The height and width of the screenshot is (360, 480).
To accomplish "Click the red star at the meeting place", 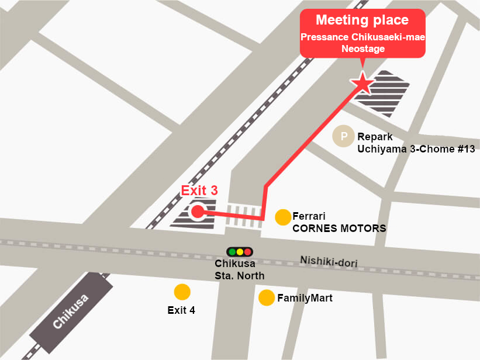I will (x=362, y=84).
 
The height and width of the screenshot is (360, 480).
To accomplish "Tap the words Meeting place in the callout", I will (x=362, y=20).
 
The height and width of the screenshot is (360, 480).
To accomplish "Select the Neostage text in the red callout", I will (x=362, y=49).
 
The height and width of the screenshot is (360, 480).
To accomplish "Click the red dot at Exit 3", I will (x=197, y=212).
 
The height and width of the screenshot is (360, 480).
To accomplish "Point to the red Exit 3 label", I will (x=199, y=191).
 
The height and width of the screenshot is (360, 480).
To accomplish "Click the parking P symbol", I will (x=344, y=137).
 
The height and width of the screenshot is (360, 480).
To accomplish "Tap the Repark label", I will (x=375, y=137).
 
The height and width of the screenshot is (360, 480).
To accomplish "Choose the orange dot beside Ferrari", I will (x=283, y=217).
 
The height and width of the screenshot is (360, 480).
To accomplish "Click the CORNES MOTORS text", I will (x=339, y=229).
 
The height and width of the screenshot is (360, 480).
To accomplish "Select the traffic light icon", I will (x=240, y=252).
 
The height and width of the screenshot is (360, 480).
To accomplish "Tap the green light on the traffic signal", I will (x=232, y=252).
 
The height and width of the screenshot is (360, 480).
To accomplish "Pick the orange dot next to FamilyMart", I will (x=267, y=298).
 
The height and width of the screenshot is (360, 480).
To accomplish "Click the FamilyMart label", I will (x=305, y=299).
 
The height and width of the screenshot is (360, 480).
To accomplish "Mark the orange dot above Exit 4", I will (x=182, y=291).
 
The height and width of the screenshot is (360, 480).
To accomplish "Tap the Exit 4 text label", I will (x=181, y=310).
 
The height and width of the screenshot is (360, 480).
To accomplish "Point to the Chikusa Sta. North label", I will (x=239, y=270).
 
